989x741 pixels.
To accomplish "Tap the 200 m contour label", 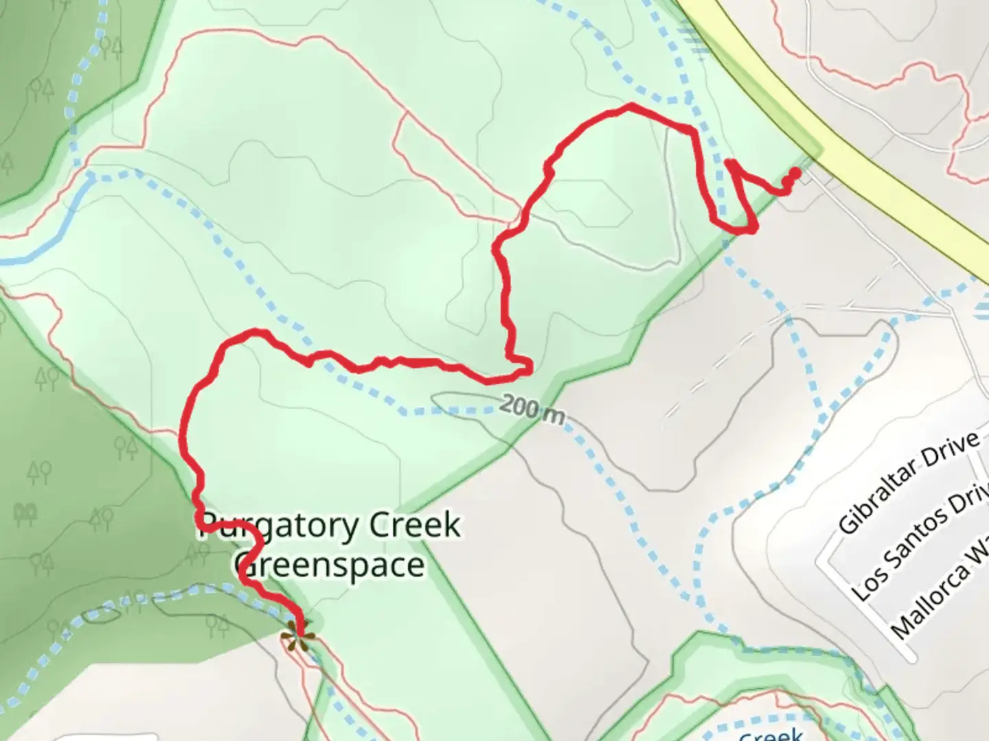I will [x=532, y=410].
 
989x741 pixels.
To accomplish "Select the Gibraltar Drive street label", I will [x=908, y=483].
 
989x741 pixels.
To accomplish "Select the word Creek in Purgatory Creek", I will [x=414, y=526].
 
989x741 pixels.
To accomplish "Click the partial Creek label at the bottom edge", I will [x=771, y=734].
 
